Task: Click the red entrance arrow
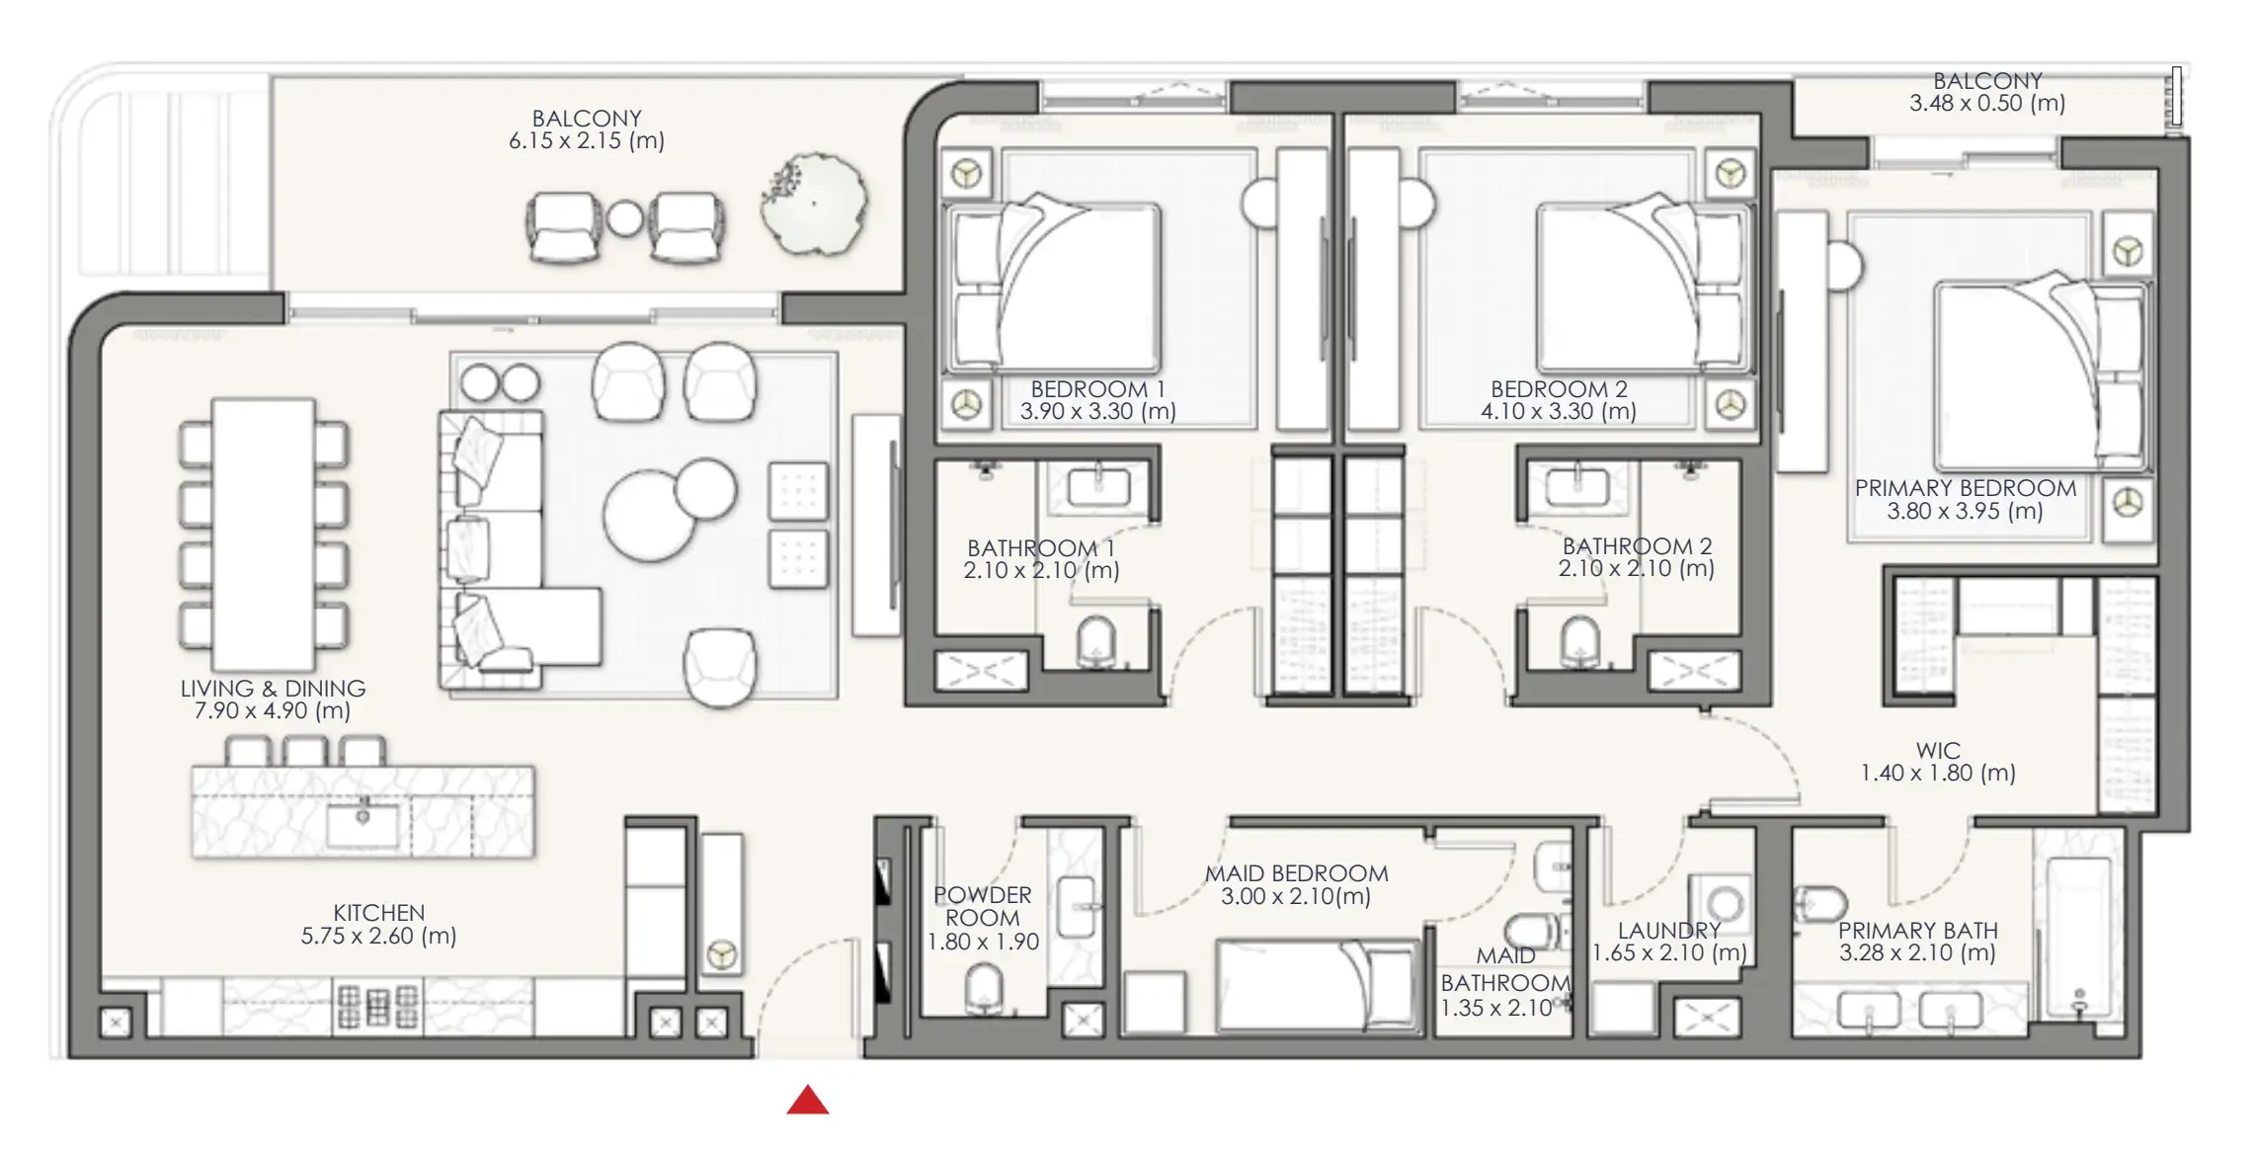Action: (x=808, y=1100)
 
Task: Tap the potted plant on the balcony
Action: (x=814, y=204)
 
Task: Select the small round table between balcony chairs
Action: (x=624, y=218)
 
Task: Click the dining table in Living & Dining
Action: (x=264, y=535)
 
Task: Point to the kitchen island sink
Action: (x=362, y=824)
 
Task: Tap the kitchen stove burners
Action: (x=378, y=1006)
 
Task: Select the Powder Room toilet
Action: (x=984, y=988)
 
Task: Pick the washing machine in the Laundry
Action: (x=1723, y=902)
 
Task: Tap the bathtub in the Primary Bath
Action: (x=2078, y=937)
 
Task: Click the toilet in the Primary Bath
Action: (x=1819, y=903)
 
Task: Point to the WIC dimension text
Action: (x=1938, y=774)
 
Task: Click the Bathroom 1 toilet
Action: (x=1096, y=641)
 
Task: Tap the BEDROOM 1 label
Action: (x=1098, y=389)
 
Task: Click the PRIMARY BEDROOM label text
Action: (x=1966, y=488)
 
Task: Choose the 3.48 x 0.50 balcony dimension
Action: (x=1987, y=104)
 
